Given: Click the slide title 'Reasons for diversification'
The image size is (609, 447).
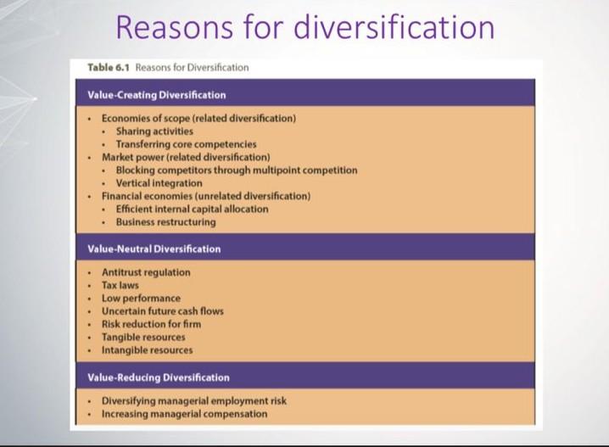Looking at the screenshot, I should click(x=304, y=27).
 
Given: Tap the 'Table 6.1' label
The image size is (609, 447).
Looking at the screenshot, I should click(x=109, y=68).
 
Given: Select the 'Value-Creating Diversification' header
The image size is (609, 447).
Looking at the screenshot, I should click(x=157, y=95).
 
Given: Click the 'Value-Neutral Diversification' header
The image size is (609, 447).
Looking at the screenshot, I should click(x=154, y=249).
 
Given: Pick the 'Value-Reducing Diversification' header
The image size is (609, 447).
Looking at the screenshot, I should click(x=159, y=377).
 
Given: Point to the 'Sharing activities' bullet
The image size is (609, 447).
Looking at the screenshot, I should click(x=154, y=131).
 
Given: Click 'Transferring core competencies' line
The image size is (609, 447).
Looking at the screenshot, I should click(x=186, y=144).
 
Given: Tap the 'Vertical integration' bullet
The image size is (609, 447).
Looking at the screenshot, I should click(x=159, y=182).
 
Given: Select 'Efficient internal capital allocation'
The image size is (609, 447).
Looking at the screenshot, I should click(x=192, y=209).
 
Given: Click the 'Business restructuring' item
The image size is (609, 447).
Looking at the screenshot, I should click(x=165, y=222).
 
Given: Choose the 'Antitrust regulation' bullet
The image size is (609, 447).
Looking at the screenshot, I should click(x=146, y=272).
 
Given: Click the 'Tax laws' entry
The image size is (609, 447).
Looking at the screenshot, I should click(x=120, y=286).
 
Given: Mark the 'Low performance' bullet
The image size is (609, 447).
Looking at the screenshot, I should click(x=141, y=299).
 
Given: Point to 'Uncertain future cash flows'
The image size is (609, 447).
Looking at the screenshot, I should click(x=163, y=311).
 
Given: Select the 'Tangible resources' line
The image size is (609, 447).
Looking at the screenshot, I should click(x=143, y=337).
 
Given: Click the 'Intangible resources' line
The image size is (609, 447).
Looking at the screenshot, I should click(x=147, y=349).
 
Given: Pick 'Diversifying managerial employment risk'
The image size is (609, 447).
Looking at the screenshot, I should click(x=194, y=400).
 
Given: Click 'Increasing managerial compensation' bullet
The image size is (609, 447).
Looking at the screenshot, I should click(x=184, y=414).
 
